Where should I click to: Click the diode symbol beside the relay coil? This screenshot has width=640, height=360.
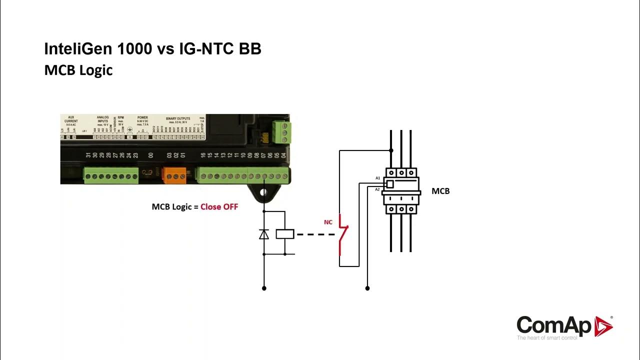tap(264, 234)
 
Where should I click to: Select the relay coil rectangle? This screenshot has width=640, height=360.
tap(285, 233)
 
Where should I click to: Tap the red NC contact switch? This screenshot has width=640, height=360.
tap(342, 234)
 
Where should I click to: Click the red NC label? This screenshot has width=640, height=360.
tap(328, 222)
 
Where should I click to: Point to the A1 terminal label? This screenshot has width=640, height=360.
tap(378, 178)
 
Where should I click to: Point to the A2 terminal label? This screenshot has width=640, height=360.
tap(377, 189)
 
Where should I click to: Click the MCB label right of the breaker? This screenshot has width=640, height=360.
tap(440, 191)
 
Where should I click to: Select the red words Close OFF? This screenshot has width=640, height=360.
tap(219, 206)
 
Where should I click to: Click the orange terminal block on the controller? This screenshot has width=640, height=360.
tap(175, 175)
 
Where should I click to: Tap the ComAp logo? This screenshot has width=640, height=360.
tap(564, 326)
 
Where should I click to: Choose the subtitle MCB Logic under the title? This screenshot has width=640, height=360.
tap(78, 70)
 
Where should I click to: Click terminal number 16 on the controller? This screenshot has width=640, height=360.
tap(203, 155)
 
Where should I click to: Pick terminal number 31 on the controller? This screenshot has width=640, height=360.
tap(88, 155)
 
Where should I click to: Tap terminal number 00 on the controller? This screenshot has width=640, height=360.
tap(151, 155)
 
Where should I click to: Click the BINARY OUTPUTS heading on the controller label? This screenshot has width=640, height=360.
tap(178, 118)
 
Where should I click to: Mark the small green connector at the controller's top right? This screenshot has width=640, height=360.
tap(281, 132)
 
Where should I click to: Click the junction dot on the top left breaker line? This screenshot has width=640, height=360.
tap(391, 150)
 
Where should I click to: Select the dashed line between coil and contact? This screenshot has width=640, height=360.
tap(314, 234)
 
